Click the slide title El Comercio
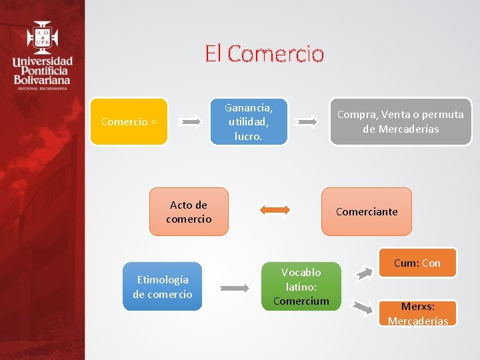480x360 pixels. [265, 54]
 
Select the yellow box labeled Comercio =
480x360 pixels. [129, 121]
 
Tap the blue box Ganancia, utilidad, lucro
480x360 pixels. [248, 121]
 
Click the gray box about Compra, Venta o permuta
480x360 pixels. [400, 121]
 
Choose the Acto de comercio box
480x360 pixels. [189, 212]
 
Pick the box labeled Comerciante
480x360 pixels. [367, 212]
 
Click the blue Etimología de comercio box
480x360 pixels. [162, 287]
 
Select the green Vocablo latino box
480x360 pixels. [301, 287]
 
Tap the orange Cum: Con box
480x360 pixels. [417, 263]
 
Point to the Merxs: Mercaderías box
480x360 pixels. [419, 313]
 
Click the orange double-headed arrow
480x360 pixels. [275, 210]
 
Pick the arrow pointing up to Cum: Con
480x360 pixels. [364, 271]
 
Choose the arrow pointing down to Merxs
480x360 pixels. [363, 307]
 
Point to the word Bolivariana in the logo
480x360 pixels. [42, 80]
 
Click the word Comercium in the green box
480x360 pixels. [301, 301]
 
